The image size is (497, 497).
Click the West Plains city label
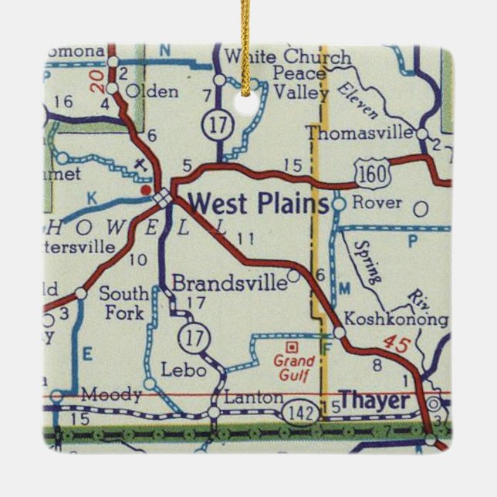coord(257,204)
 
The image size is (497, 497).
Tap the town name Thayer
coord(374,401)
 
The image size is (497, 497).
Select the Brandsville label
coord(229,283)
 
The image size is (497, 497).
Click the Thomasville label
coord(360,133)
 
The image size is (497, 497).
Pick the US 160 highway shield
coord(371,176)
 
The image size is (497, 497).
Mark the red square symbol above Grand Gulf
coord(292,347)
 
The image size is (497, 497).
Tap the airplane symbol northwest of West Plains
coord(139,164)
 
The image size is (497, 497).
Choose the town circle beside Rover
coord(337,205)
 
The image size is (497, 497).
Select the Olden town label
coord(151,91)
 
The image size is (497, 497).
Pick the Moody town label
coord(113,395)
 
